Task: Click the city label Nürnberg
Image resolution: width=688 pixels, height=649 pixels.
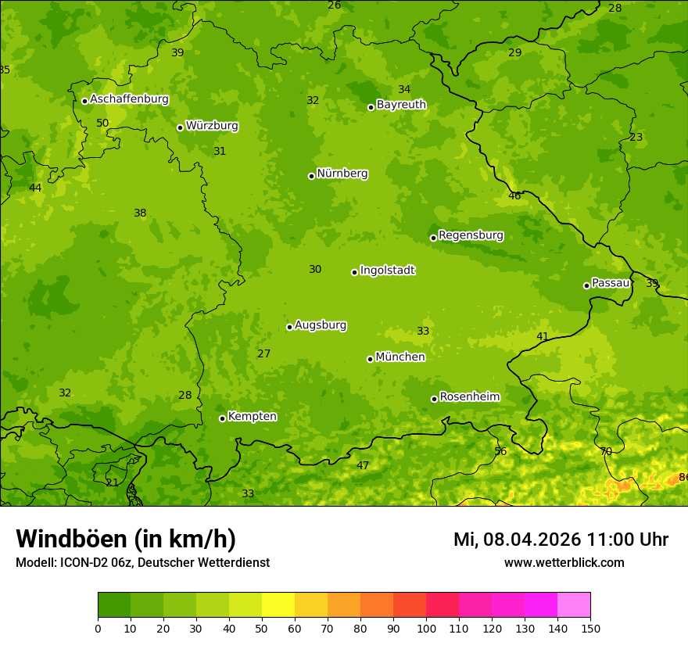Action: pos(342,174)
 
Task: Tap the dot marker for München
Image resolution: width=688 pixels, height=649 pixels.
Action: pos(370,359)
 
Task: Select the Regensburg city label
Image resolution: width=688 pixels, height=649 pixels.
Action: pos(471,235)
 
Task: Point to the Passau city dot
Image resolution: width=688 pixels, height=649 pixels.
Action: pos(586,285)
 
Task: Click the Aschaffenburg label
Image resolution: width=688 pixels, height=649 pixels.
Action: pos(129,99)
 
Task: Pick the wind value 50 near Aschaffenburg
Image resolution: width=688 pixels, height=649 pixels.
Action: pos(102,123)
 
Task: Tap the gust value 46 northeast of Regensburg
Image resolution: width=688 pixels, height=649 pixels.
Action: pos(514,196)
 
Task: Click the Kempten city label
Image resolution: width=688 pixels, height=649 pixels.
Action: pos(252,417)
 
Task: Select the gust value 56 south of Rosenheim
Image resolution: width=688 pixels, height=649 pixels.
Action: pos(500,451)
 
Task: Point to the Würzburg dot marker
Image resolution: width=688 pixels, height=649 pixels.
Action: pos(180,127)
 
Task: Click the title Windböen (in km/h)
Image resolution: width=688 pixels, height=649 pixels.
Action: pos(126,539)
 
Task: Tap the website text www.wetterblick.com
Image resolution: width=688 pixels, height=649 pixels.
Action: pos(564,562)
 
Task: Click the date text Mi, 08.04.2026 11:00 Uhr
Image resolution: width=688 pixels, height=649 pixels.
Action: pos(561,540)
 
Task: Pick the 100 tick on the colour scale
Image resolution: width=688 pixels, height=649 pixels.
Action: pos(426,628)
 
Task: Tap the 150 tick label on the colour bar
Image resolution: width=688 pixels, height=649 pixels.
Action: pos(590,628)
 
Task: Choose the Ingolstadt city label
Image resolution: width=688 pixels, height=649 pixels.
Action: pos(387,271)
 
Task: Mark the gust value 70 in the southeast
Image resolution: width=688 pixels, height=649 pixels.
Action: pos(606,451)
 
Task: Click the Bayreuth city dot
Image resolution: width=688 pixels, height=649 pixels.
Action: pos(371,107)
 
